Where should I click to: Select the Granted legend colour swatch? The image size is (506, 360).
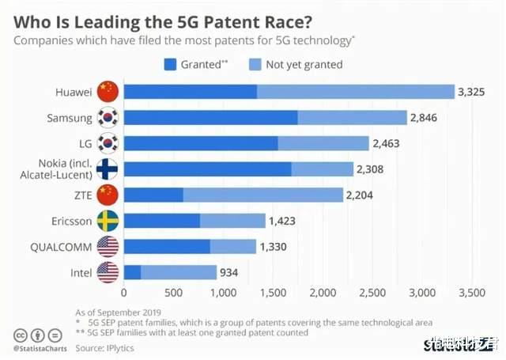pos(171,64)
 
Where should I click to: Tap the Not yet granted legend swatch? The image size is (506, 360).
pos(255,64)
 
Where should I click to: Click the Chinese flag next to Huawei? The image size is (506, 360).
pos(107,93)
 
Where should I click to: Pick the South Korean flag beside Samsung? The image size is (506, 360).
pos(107,118)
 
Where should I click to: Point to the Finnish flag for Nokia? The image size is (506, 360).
pos(107,169)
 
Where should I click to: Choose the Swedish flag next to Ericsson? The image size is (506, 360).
pos(107,221)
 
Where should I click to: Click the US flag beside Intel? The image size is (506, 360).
pos(107,272)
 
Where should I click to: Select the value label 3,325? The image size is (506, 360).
pos(472,93)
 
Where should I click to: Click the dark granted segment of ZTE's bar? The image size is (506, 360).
pos(153,195)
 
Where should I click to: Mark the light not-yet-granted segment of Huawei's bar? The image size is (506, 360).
pos(356,93)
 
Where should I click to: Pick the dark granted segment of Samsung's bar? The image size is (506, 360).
pos(210,118)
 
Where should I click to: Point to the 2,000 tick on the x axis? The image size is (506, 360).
pos(323,293)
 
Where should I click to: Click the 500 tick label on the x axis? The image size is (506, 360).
pos(174,293)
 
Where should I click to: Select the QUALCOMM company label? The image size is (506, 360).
pos(62,247)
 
